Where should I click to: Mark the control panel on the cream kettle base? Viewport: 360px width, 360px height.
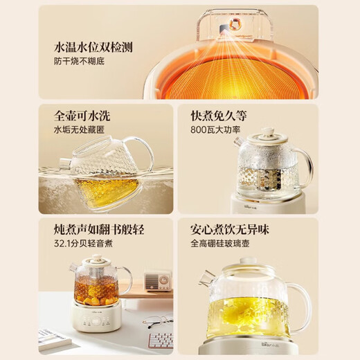97,320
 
